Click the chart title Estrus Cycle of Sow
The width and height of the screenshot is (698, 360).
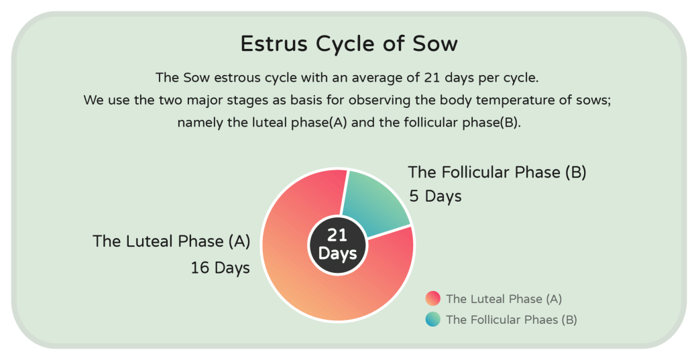349,44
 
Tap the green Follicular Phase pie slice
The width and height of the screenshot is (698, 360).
374,200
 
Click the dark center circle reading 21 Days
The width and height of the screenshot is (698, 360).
337,244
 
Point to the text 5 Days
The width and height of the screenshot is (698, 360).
435,196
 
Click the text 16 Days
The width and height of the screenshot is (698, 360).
221,268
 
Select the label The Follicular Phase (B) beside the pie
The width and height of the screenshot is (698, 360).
498,172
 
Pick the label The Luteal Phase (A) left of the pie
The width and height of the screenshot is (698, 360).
172,241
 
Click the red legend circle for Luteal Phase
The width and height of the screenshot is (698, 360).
432,298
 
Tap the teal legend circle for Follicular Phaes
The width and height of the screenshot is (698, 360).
432,319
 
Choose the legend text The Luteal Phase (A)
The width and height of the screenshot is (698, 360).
504,299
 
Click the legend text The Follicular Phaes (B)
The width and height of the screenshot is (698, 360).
512,320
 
